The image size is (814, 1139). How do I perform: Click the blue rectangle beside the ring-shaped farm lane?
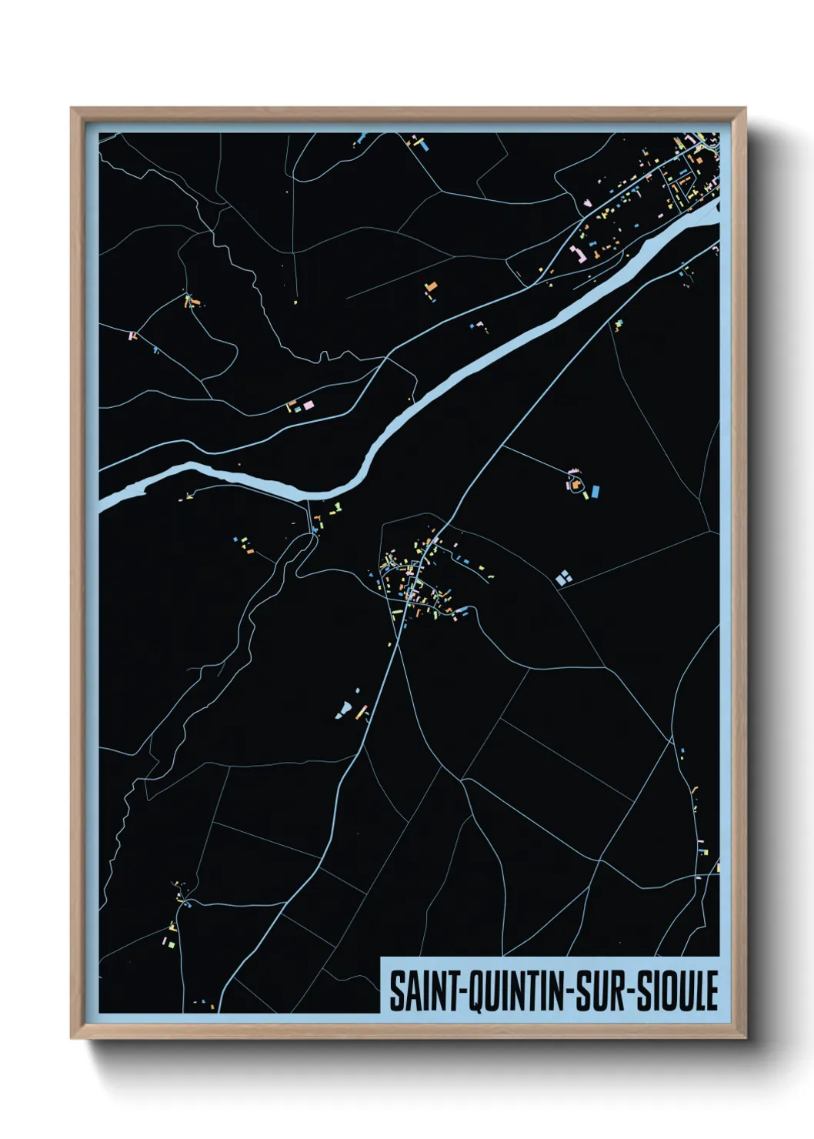click(x=595, y=490)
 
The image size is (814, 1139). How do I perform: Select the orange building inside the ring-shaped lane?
click(x=573, y=484)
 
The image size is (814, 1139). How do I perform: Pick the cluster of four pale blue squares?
click(x=564, y=576)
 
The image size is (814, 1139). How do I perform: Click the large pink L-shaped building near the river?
click(x=575, y=254)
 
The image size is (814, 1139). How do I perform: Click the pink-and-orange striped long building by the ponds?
click(x=361, y=711)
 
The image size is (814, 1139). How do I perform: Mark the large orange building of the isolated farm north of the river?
click(x=432, y=287)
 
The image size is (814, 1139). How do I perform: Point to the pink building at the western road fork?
click(x=132, y=336)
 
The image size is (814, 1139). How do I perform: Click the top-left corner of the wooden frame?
click(x=72, y=109)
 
